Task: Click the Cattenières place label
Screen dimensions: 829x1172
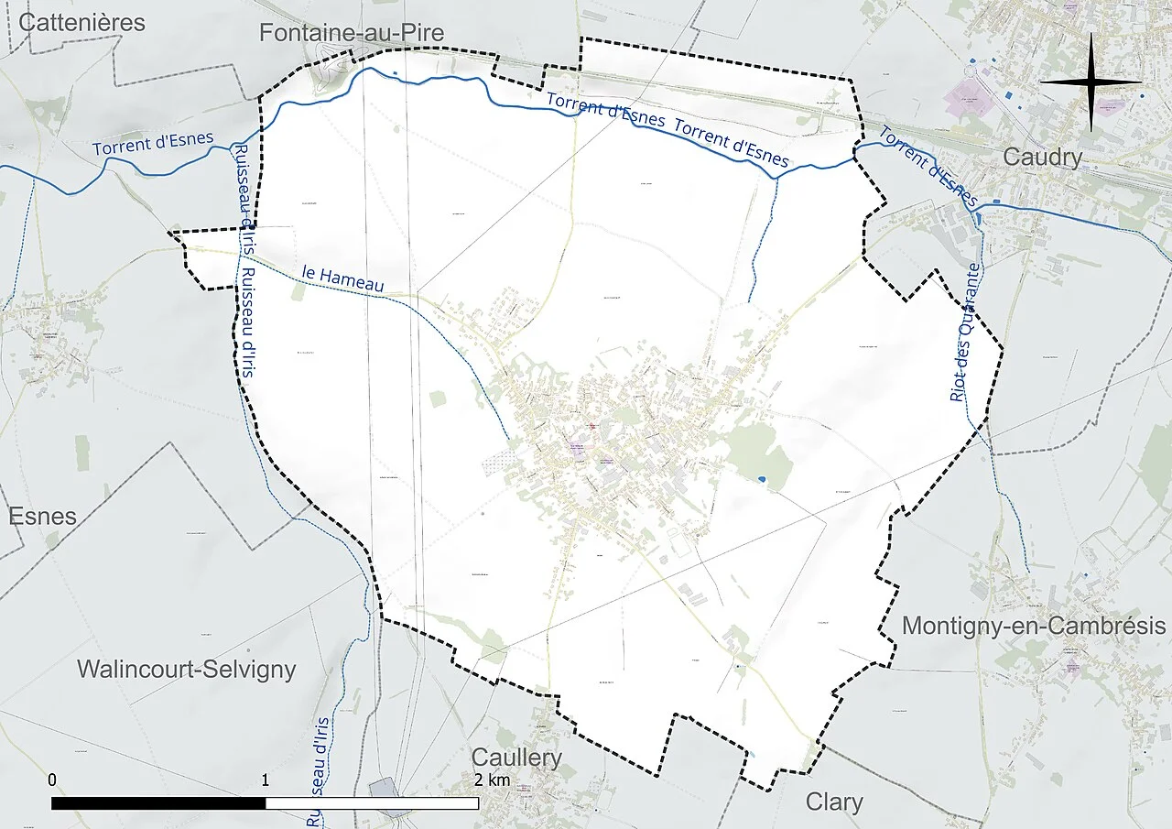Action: (x=81, y=23)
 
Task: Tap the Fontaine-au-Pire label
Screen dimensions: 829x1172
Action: (x=352, y=33)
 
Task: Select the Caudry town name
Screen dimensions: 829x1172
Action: (x=1042, y=157)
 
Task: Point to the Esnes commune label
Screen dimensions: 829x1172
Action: (x=42, y=515)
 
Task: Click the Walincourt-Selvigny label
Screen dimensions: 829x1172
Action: (x=187, y=669)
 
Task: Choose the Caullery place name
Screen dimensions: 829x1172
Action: (x=516, y=758)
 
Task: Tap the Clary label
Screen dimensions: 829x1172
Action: (x=834, y=802)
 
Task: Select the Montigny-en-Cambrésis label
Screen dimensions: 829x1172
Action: (x=1034, y=626)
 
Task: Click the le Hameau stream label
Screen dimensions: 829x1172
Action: (x=343, y=278)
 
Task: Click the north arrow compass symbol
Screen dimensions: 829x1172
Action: (x=1091, y=82)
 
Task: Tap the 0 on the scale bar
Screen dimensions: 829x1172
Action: (x=52, y=780)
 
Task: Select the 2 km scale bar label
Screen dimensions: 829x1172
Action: (x=493, y=780)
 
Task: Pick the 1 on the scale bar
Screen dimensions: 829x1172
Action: (x=266, y=780)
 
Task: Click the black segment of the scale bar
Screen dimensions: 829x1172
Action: (x=158, y=803)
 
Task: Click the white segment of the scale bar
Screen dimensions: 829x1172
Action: (x=372, y=803)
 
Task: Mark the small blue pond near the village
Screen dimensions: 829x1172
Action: (x=763, y=478)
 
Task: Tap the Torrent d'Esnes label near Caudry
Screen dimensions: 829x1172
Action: (x=928, y=166)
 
